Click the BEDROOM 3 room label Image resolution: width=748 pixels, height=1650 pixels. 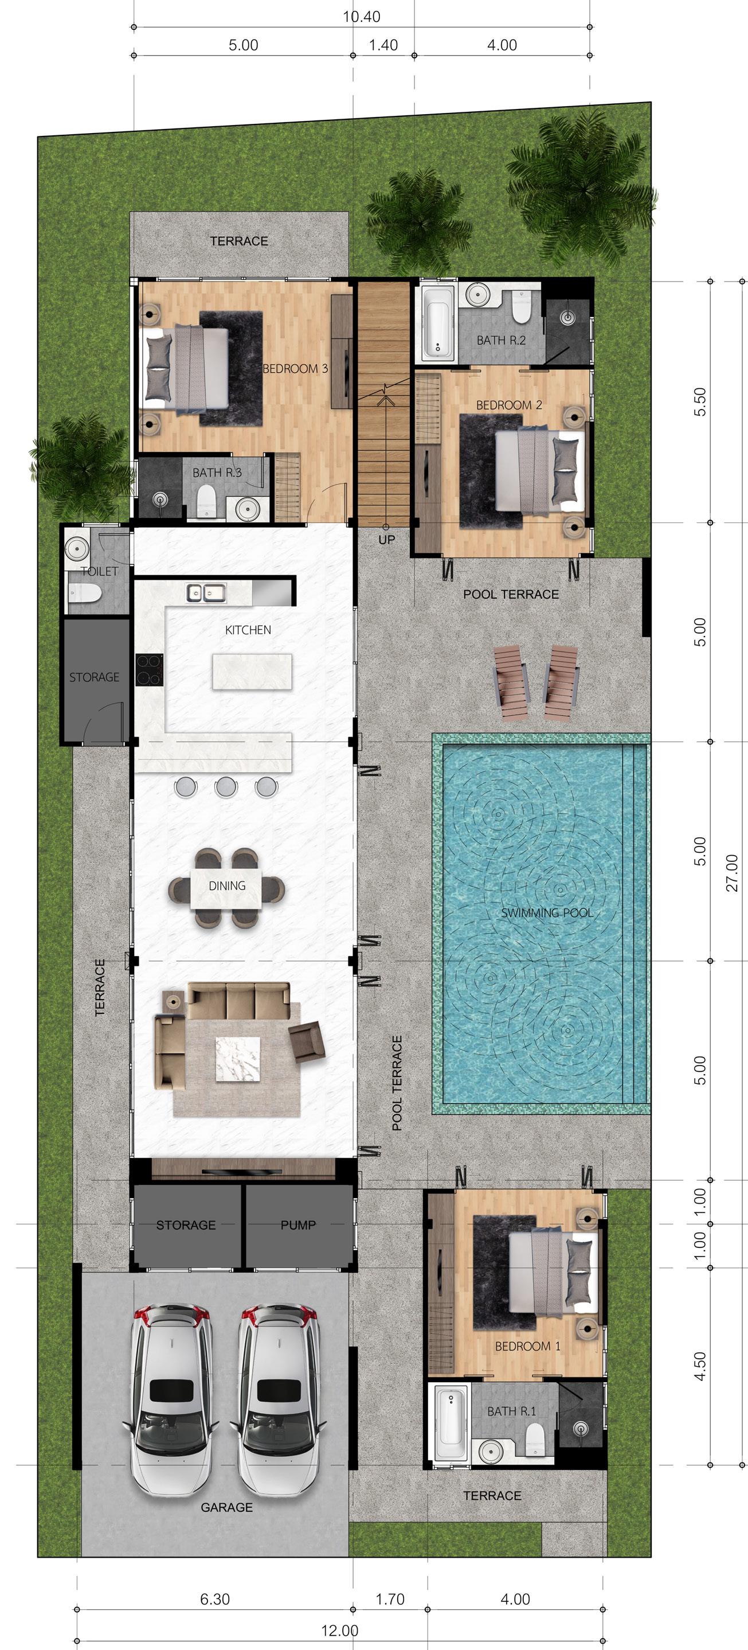coord(295,368)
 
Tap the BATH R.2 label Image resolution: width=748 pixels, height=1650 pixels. coord(501,340)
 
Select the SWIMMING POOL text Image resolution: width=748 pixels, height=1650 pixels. coord(547,913)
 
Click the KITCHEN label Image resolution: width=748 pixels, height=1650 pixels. coord(248,630)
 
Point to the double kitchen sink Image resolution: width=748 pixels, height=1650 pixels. coord(206,592)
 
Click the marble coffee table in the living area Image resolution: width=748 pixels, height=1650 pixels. coord(238,1059)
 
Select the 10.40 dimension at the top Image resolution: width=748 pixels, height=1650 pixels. coord(361,17)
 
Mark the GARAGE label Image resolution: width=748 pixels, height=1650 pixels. coord(227,1507)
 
